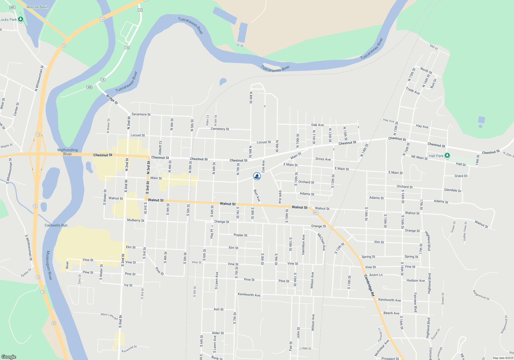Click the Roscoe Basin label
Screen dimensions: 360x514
(x=38, y=7)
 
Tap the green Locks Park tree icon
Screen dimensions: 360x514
(x=21, y=19)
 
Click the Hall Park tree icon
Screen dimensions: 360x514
(x=447, y=155)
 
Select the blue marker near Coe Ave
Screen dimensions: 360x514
(x=257, y=176)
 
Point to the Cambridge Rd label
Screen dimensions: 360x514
(x=369, y=285)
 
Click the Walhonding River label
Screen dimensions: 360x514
(x=67, y=152)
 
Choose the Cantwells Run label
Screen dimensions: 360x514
(x=56, y=225)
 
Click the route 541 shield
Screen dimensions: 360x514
(x=316, y=213)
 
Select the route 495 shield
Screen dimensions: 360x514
(x=12, y=7)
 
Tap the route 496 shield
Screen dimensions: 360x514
(x=89, y=87)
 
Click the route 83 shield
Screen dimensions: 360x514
(x=54, y=323)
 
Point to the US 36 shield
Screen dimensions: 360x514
(x=103, y=19)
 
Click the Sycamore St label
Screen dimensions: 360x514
(x=141, y=114)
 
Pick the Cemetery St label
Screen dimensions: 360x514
(x=220, y=129)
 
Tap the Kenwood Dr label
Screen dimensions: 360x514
(x=129, y=349)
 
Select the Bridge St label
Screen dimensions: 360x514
(x=112, y=99)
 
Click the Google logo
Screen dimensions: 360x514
(x=9, y=357)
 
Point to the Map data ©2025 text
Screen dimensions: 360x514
(x=503, y=358)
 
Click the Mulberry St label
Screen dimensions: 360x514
(x=135, y=220)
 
